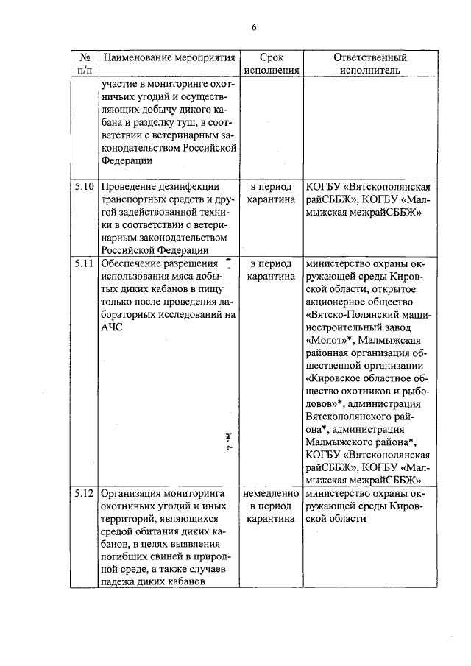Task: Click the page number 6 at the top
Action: (x=253, y=28)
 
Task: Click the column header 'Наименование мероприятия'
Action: (x=170, y=57)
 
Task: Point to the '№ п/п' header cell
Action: (x=85, y=64)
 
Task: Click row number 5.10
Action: (x=85, y=186)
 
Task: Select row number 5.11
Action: (x=85, y=263)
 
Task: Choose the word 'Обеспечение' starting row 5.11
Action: (x=135, y=263)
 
